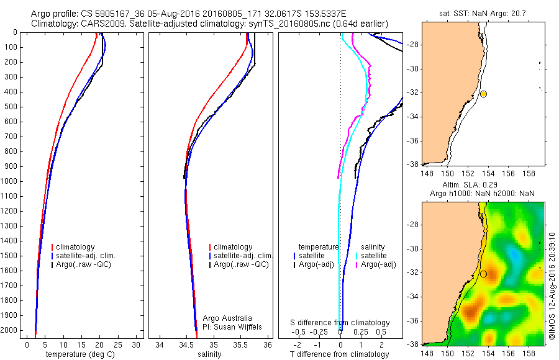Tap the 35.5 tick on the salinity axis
click(240, 344)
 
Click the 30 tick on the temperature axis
click(137, 344)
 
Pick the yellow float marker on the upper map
click(483, 94)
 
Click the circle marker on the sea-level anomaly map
click(483, 274)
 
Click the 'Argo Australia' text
click(228, 318)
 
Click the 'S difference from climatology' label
click(340, 323)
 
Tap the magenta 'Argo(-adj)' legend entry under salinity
click(378, 265)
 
